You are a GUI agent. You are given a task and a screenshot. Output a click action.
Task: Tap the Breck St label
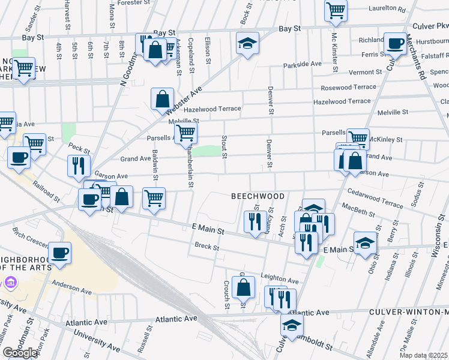(x=207, y=245)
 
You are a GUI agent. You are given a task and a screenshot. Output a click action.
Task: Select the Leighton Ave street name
(x=280, y=280)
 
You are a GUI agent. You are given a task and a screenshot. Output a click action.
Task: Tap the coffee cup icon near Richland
(x=394, y=43)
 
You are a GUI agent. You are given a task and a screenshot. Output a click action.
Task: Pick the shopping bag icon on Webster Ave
(x=163, y=98)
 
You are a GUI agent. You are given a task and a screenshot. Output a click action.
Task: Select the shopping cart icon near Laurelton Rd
(x=336, y=9)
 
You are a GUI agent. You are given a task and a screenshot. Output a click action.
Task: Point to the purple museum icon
(x=10, y=282)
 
